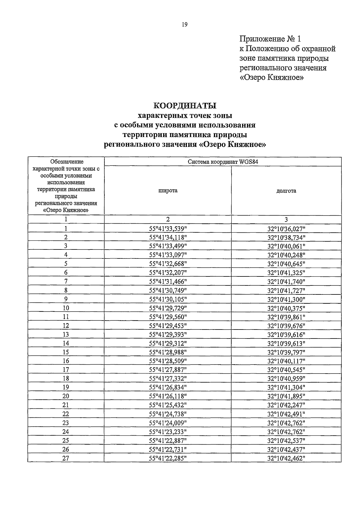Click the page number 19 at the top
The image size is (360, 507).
pyautogui.click(x=184, y=25)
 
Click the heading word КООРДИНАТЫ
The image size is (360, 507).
pyautogui.click(x=184, y=106)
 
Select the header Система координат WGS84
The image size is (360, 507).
pyautogui.click(x=223, y=162)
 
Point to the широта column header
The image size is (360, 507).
pyautogui.click(x=168, y=191)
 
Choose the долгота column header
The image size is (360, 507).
pyautogui.click(x=286, y=191)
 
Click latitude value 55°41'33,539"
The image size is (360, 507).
pyautogui.click(x=168, y=229)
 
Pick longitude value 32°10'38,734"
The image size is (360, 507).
pyautogui.click(x=286, y=237)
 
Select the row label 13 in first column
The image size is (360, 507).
pyautogui.click(x=66, y=335)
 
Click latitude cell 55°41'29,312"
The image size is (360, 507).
pyautogui.click(x=168, y=343)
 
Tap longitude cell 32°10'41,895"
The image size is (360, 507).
pyautogui.click(x=286, y=396)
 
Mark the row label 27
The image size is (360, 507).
pyautogui.click(x=66, y=458)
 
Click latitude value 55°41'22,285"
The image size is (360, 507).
pyautogui.click(x=168, y=458)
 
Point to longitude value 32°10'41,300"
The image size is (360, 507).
pyautogui.click(x=286, y=299)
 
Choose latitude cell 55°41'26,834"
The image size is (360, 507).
pyautogui.click(x=168, y=387)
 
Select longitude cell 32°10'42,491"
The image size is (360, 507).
pyautogui.click(x=286, y=414)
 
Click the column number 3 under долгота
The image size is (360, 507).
pyautogui.click(x=286, y=219)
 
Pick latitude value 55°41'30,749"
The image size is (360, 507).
pyautogui.click(x=168, y=291)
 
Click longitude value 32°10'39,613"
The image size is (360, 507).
pyautogui.click(x=286, y=343)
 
